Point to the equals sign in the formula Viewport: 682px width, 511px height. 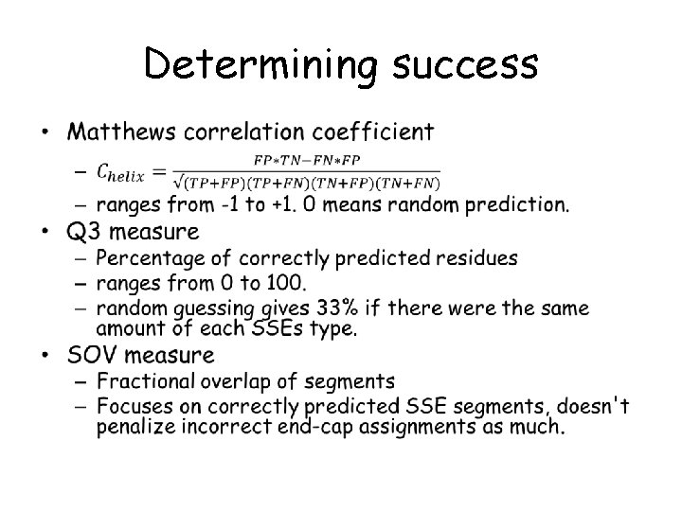click(157, 170)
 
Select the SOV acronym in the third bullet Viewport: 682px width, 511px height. click(92, 356)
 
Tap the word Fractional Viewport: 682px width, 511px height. click(144, 382)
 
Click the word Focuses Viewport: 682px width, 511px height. click(134, 407)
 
